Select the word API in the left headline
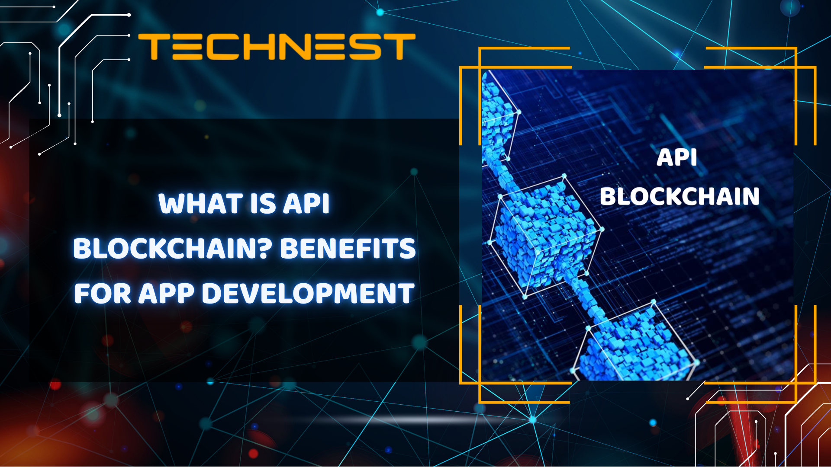(x=306, y=204)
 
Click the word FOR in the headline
(x=103, y=294)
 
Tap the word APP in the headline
(x=166, y=294)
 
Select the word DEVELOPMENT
(x=308, y=294)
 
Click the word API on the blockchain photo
(x=677, y=157)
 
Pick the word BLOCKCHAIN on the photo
(x=680, y=196)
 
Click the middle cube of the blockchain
(x=545, y=236)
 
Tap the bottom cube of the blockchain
(x=636, y=346)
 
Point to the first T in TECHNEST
(x=154, y=47)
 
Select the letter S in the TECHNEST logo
(x=365, y=47)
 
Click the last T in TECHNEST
(x=399, y=47)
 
